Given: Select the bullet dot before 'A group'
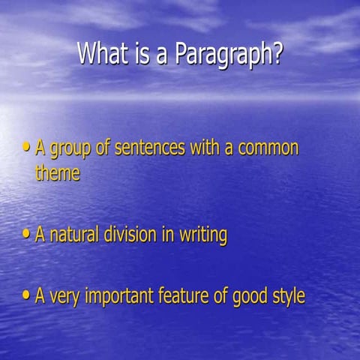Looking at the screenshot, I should pyautogui.click(x=28, y=148).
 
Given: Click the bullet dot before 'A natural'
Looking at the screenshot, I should pyautogui.click(x=28, y=235).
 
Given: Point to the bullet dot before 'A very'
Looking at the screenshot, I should pyautogui.click(x=28, y=295).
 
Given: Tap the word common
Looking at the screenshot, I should pyautogui.click(x=268, y=148).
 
